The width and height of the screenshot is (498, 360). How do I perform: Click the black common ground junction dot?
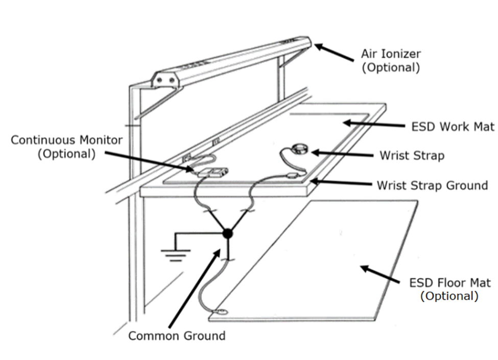pos(227,233)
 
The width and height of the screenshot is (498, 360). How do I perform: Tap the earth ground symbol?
pos(176,254)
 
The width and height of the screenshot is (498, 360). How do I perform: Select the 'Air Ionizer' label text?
pos(391,60)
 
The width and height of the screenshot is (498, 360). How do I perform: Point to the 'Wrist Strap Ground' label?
pos(432,185)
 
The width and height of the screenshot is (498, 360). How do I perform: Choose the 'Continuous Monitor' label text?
pos(67,147)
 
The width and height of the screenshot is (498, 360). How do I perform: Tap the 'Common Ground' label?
pos(177,335)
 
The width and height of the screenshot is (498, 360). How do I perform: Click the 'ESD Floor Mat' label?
pos(449,289)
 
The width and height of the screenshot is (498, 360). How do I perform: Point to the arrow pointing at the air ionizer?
pos(334,53)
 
